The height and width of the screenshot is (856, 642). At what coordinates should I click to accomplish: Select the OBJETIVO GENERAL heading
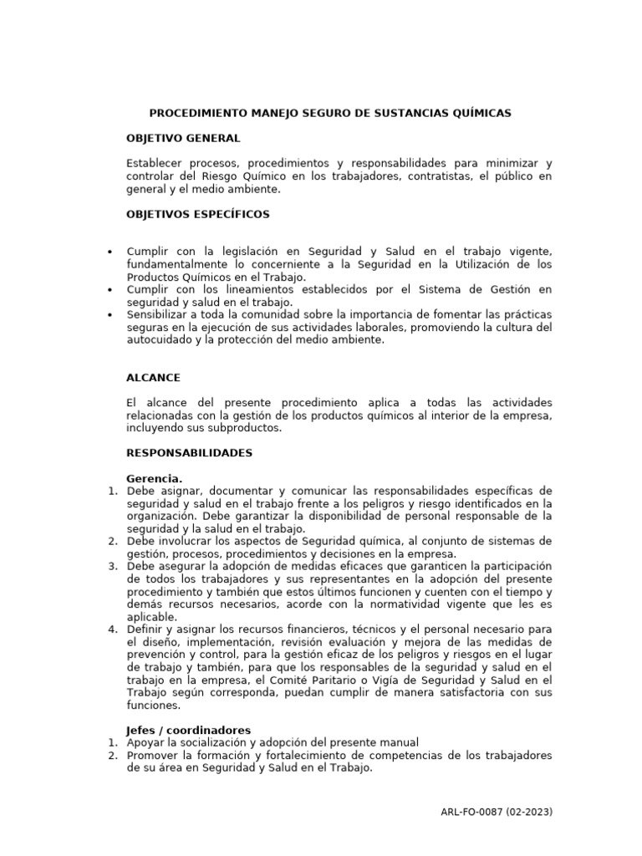click(x=183, y=137)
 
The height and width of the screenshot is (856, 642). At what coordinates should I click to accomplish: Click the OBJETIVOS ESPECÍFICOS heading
click(x=198, y=214)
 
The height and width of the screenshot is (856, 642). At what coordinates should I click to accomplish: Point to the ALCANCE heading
click(x=153, y=378)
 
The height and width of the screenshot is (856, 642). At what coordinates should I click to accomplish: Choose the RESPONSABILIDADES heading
click(x=189, y=452)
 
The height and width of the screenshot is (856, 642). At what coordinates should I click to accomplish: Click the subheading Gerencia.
click(x=154, y=478)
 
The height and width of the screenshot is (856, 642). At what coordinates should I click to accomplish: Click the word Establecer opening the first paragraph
click(x=155, y=163)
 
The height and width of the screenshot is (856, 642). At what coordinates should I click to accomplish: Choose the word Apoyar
click(x=146, y=742)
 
